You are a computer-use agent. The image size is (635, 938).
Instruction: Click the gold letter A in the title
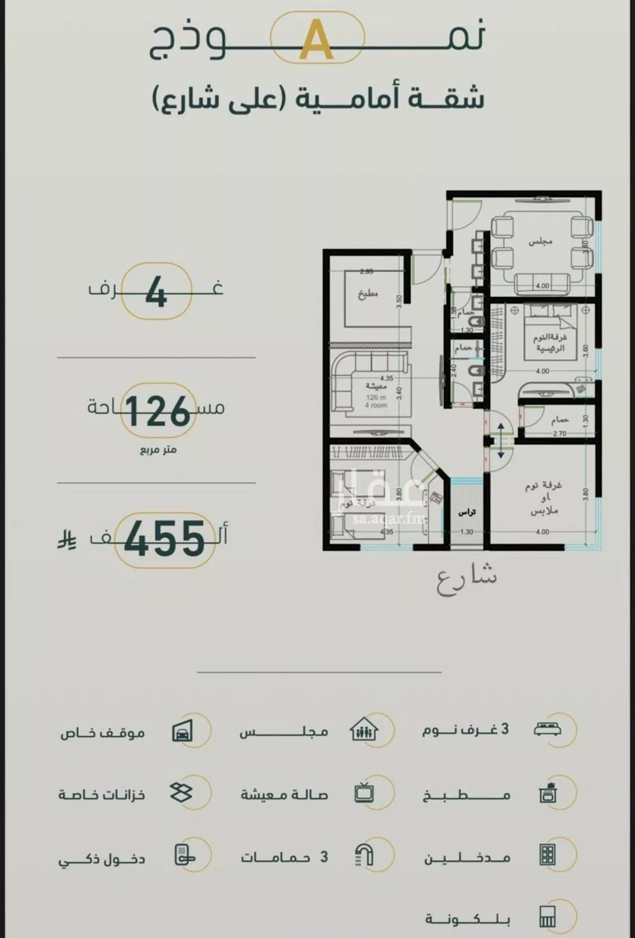317,40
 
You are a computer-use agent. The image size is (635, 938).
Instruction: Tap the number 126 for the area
157,411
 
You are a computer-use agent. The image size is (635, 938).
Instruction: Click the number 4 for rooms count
156,293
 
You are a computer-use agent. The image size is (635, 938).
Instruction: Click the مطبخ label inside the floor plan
367,295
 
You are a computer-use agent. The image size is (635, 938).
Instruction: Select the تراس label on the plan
467,512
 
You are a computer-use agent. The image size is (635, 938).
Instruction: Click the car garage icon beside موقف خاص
182,731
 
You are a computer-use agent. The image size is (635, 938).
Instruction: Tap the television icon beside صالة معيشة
364,793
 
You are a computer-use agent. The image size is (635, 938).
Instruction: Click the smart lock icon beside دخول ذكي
183,856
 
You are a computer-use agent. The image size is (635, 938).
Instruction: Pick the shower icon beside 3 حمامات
364,855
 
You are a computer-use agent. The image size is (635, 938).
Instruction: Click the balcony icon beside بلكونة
547,916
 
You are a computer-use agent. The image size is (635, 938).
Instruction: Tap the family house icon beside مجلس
364,730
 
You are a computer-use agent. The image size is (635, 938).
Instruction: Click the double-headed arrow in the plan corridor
500,440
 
